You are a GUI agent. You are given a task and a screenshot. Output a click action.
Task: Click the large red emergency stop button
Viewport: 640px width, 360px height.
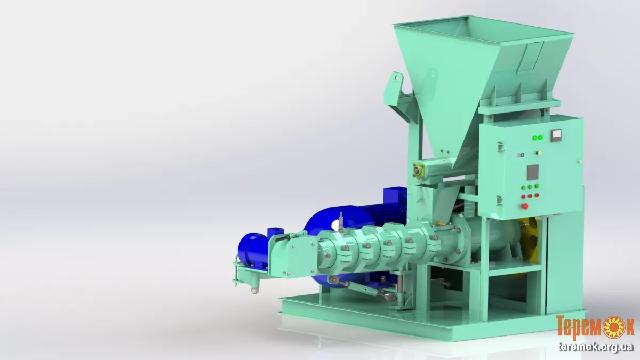tap(524, 206)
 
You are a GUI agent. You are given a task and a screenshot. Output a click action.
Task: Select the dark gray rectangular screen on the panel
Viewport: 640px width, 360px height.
tap(533, 172)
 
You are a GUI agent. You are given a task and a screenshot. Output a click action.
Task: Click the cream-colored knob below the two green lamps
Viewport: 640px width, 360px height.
tap(539, 153)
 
